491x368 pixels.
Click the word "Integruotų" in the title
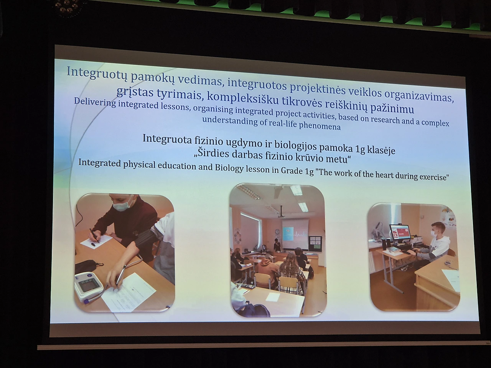pos(97,73)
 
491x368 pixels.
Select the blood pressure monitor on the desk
pos(88,287)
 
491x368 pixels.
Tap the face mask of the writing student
pos(121,205)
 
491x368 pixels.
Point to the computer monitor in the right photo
pos(400,232)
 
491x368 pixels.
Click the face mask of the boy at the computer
pos(434,233)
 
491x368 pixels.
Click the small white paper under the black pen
pos(96,242)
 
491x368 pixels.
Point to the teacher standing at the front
pos(277,245)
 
